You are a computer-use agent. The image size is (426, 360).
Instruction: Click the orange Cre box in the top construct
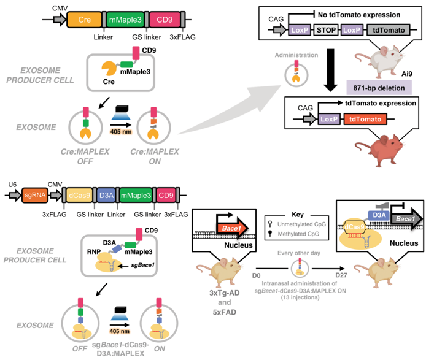(85, 20)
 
